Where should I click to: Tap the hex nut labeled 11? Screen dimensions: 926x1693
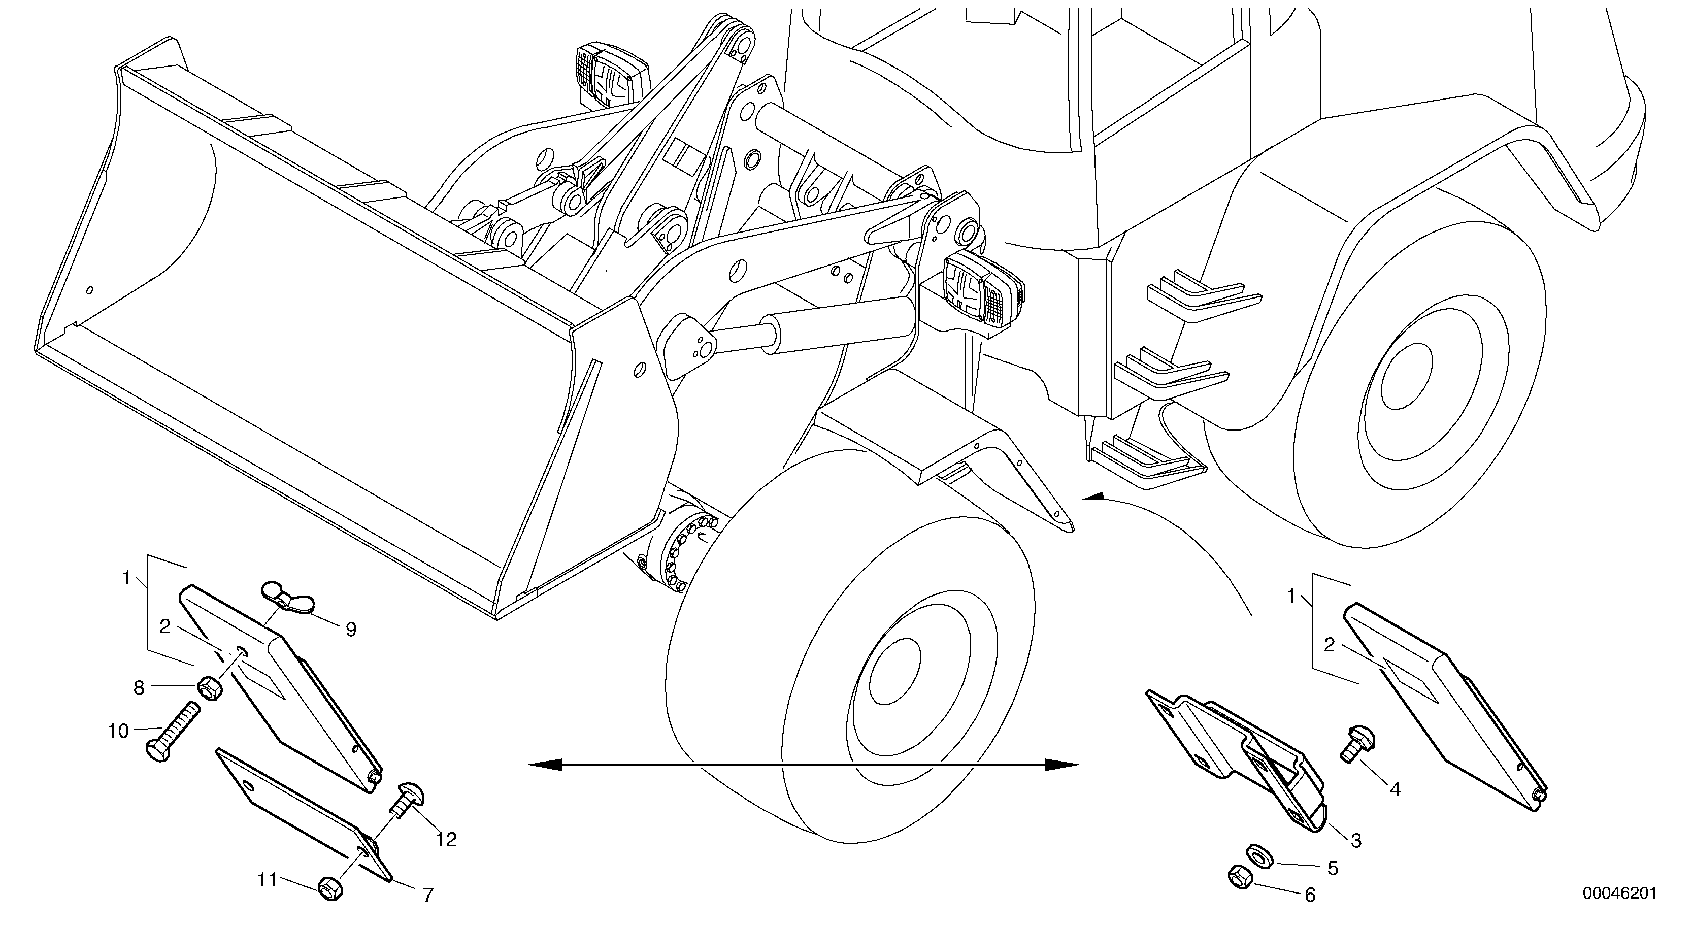tap(328, 888)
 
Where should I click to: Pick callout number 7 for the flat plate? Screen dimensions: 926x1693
tap(428, 895)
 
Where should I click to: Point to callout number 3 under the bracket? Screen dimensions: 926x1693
tap(1356, 840)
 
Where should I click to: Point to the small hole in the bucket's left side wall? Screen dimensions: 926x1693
tap(90, 290)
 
